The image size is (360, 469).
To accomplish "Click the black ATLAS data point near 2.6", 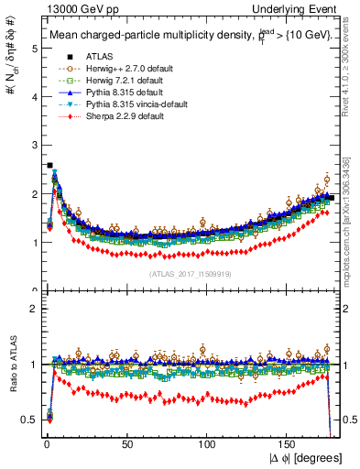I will coord(49,166).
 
